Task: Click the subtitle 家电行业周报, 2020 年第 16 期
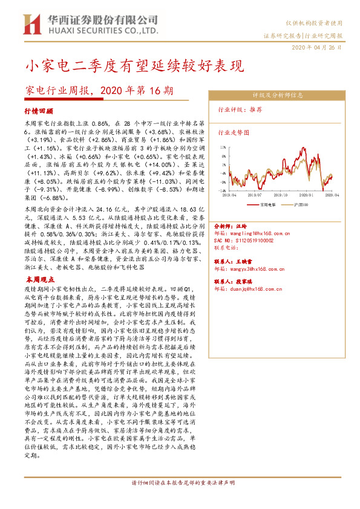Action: pyautogui.click(x=99, y=91)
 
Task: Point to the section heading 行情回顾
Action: pyautogui.click(x=39, y=112)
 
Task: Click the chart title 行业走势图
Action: pyautogui.click(x=234, y=131)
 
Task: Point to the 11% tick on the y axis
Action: pyautogui.click(x=223, y=146)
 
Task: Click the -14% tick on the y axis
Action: pyautogui.click(x=223, y=190)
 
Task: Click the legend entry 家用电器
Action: pyautogui.click(x=267, y=204)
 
